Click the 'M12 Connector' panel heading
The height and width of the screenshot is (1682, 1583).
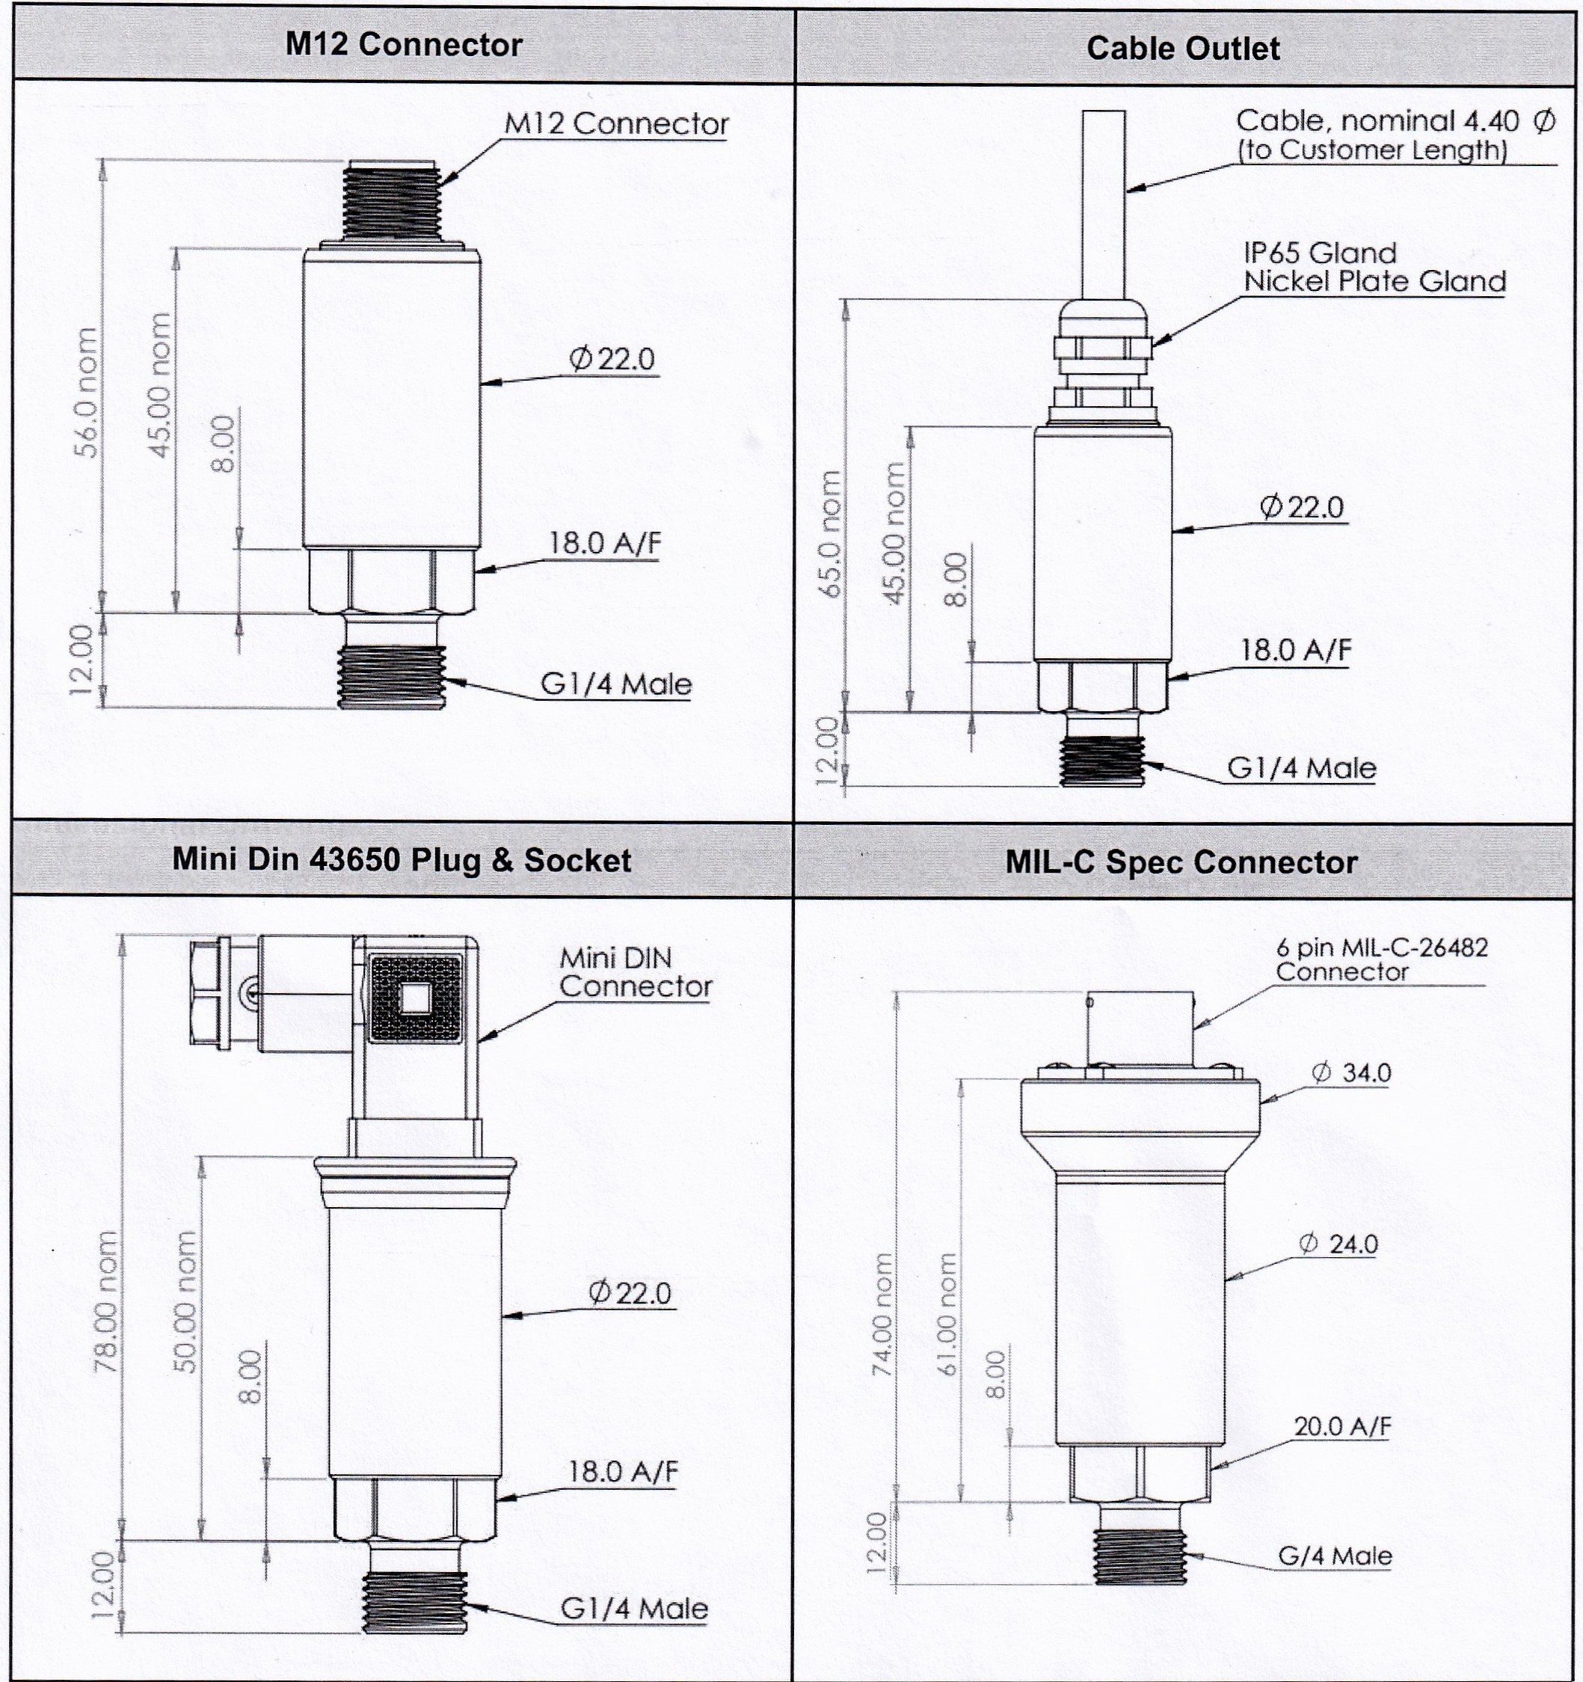[404, 44]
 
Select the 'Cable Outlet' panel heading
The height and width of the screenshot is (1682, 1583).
[1182, 48]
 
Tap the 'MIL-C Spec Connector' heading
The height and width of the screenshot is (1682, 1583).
[1181, 862]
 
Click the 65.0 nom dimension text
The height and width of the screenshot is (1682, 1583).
[832, 534]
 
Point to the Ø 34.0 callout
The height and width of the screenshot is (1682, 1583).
[1351, 1072]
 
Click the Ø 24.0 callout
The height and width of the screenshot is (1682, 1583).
[1338, 1244]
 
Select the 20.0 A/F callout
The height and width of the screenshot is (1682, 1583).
[1342, 1426]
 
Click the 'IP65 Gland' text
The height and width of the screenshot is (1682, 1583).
[1320, 253]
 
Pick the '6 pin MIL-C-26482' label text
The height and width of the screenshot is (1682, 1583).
[1382, 947]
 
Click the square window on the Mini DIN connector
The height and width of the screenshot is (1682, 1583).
[414, 999]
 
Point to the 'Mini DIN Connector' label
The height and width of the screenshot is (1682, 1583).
[635, 972]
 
